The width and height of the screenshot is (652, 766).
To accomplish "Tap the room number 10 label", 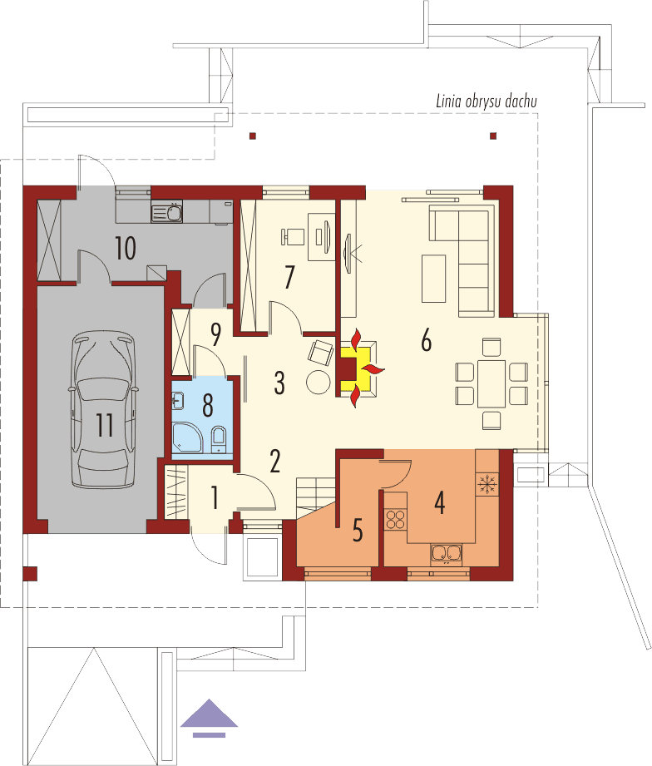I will [x=126, y=248].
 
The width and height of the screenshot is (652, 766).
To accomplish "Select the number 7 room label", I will [x=289, y=277].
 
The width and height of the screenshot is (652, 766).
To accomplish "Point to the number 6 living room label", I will [x=427, y=340].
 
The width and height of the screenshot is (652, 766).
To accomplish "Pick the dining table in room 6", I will [x=491, y=382].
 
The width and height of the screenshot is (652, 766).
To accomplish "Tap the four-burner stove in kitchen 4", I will [x=394, y=520].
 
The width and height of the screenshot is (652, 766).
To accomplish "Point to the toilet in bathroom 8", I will [x=218, y=437].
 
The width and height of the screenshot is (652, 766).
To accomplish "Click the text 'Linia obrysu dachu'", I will [x=487, y=102].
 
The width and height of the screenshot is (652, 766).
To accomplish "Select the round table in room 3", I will [x=319, y=382].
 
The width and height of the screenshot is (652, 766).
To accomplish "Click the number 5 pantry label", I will [x=358, y=530].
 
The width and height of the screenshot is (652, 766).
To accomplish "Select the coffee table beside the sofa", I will [x=433, y=278].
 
